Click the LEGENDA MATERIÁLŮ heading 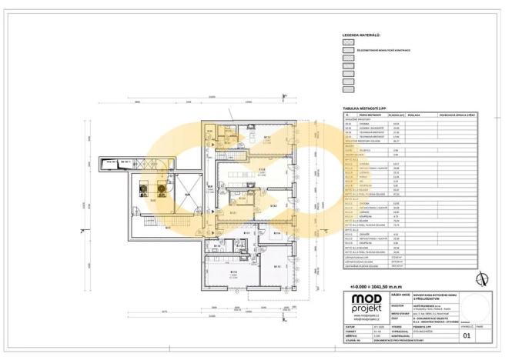(x=363, y=35)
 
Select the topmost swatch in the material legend (x=347, y=43)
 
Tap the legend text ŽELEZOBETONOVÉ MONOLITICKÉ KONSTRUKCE (x=383, y=51)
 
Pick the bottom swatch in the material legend (x=347, y=89)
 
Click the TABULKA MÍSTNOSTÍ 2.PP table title (x=366, y=109)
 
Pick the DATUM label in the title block (x=353, y=325)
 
